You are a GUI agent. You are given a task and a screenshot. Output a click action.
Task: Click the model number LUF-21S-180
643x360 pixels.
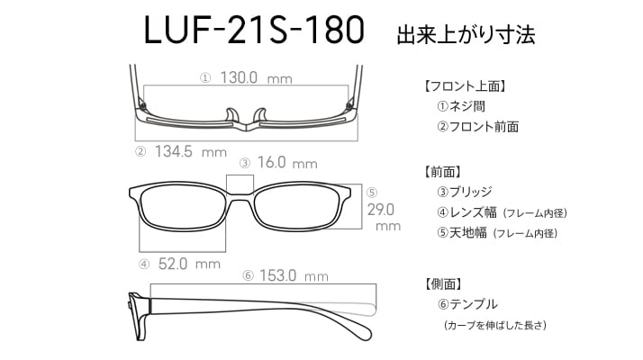[254, 30]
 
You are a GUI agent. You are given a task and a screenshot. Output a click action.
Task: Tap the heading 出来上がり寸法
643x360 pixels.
[466, 34]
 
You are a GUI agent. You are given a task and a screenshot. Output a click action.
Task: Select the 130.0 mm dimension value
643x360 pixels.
[257, 77]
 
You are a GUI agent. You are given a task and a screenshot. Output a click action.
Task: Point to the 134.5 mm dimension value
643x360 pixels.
[191, 152]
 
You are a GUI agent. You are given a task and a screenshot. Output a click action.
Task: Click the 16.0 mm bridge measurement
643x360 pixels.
[287, 163]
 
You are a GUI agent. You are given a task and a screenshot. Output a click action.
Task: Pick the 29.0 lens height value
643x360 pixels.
[381, 210]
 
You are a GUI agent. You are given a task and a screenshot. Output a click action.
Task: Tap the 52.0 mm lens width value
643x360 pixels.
[189, 264]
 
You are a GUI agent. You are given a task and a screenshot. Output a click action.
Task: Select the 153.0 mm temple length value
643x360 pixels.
[294, 275]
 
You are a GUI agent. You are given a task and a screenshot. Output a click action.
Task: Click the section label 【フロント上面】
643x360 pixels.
[465, 86]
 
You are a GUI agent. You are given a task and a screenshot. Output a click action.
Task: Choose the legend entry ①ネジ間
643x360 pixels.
[461, 106]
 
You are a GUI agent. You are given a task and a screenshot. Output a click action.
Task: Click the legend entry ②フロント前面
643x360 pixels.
[477, 127]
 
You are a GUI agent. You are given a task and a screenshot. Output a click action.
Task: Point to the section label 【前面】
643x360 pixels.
[442, 172]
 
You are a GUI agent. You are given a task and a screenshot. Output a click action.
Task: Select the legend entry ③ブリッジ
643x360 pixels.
[464, 192]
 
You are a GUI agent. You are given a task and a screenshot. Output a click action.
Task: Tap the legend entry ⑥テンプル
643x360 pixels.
[467, 304]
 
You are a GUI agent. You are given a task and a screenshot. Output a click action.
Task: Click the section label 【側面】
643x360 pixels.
[443, 283]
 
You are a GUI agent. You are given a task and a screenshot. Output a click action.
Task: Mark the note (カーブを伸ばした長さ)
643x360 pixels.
[495, 325]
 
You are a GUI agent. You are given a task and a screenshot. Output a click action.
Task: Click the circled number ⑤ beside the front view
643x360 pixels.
[372, 193]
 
